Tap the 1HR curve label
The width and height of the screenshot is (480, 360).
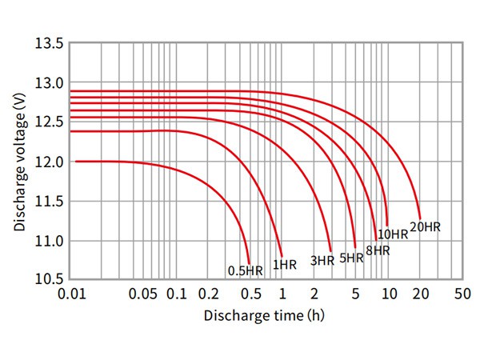coord(285,264)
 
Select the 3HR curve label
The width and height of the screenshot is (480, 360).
coord(322,260)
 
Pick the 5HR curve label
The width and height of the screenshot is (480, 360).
coord(352,258)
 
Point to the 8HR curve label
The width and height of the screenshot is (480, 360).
coord(378,250)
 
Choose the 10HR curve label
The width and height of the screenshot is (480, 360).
coord(393,234)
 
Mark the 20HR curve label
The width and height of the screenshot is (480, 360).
coord(425,227)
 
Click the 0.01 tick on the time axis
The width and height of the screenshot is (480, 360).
coord(73,294)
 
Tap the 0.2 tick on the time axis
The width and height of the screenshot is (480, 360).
coord(210,294)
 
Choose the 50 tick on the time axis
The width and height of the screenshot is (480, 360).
coord(462,294)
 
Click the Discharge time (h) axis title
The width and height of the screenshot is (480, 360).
coord(265,315)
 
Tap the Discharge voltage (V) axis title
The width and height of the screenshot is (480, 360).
coord(19,161)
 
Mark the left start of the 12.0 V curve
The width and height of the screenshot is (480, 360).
coord(76,162)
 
